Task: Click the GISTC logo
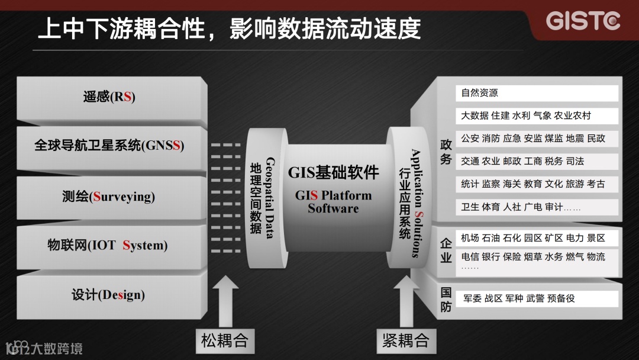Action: click(x=583, y=20)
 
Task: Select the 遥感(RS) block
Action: click(x=109, y=97)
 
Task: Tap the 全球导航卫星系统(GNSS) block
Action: click(x=109, y=145)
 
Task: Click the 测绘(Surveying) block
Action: click(x=109, y=196)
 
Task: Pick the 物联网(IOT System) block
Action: click(x=109, y=245)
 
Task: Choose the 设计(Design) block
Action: click(x=109, y=294)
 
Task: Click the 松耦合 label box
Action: click(x=224, y=340)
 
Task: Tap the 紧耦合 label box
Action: click(x=405, y=340)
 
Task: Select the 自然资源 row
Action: click(x=537, y=93)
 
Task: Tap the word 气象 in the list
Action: click(x=542, y=115)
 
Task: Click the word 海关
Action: click(x=512, y=184)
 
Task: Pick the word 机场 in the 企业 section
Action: click(x=470, y=238)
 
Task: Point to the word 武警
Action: click(x=535, y=298)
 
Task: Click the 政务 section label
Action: click(x=446, y=152)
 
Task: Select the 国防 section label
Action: click(x=446, y=299)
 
